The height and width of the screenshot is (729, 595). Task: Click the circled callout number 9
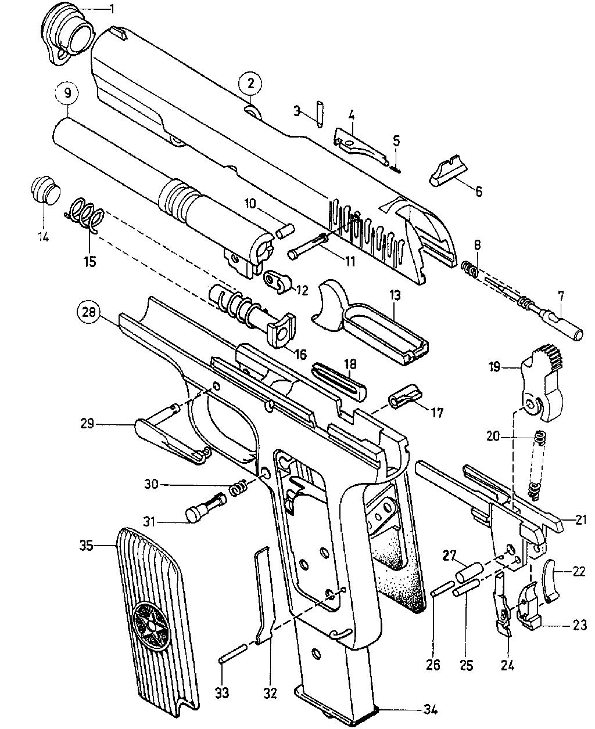tap(67, 93)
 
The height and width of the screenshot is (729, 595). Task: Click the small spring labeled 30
tap(237, 489)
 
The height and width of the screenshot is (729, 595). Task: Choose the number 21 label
tap(581, 520)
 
